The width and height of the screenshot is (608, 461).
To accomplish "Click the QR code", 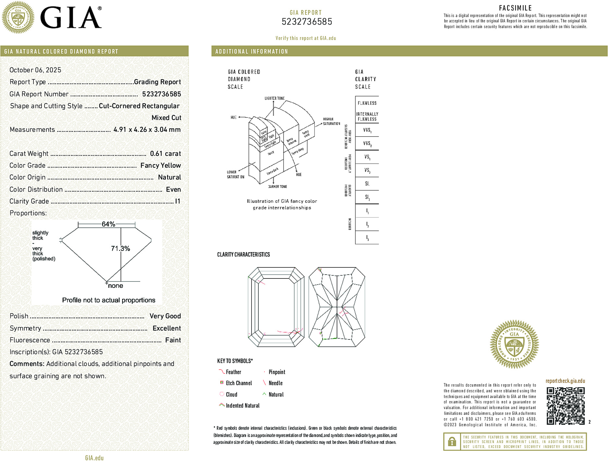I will point(565,406).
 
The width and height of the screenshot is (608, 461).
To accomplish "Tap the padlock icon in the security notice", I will point(452,442).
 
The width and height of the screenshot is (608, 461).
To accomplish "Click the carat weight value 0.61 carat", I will point(165,154).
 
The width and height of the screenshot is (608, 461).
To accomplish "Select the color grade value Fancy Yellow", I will point(160,165).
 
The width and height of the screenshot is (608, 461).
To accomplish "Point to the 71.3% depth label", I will point(120,249).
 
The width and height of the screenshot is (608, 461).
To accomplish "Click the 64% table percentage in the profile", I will point(108,224).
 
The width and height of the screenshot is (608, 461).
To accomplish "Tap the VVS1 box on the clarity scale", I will point(367,130).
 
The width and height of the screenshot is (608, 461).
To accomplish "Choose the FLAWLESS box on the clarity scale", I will point(367,103).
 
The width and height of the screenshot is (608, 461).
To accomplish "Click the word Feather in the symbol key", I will point(233,372).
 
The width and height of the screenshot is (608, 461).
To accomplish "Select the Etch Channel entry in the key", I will point(239,383).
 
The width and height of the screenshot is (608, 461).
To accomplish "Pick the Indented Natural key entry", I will point(242,406).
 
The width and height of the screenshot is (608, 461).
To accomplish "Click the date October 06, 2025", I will point(35,70).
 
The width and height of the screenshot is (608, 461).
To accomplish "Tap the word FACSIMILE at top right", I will point(515,8).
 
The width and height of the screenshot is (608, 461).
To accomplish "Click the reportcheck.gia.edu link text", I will point(565,381).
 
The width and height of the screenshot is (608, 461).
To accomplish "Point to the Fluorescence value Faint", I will point(173,340).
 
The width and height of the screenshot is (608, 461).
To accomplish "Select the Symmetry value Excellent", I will point(167,328).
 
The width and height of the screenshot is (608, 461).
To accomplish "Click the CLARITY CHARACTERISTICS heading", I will point(243,254).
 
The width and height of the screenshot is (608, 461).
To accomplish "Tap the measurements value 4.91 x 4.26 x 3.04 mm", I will point(147,130).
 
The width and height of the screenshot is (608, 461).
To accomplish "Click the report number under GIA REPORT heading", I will point(307,22).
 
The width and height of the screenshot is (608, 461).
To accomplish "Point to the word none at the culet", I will point(116,286).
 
